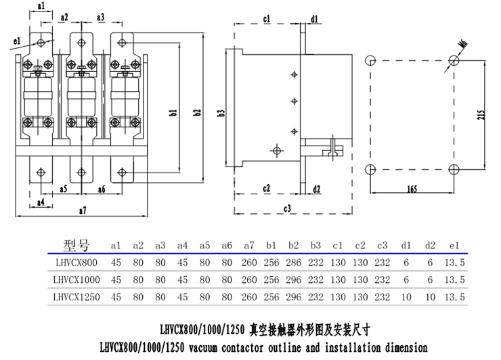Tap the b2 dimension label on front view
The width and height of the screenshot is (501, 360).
coord(198,112)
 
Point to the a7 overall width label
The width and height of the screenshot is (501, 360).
coord(82,211)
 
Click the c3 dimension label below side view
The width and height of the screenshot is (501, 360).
coord(287,208)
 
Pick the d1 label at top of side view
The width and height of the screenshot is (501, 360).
coord(315,18)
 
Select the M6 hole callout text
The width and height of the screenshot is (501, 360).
coord(464,45)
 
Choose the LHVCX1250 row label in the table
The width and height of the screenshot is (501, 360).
coord(76,296)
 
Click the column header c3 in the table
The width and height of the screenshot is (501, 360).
coord(381,245)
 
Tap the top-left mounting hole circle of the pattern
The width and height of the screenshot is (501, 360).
coord(370,61)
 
